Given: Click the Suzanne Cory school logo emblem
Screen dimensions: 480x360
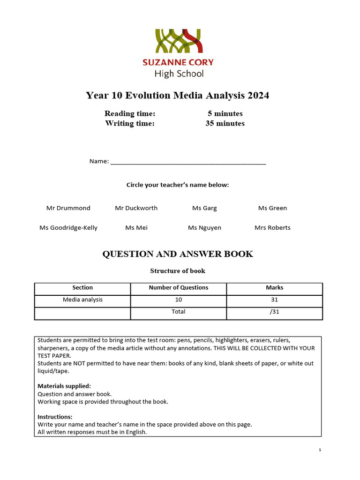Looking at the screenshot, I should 179,41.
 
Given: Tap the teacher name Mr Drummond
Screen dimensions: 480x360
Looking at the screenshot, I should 68,208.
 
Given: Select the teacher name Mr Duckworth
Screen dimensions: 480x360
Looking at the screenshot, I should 136,208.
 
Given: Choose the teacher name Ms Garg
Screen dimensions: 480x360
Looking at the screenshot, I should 204,208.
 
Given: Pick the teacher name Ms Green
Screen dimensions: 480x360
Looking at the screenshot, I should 272,208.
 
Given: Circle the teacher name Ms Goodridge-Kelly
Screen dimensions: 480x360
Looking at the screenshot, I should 68,228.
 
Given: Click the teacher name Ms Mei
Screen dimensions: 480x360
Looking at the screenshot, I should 136,228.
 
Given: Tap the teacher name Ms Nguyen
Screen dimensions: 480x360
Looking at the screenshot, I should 204,228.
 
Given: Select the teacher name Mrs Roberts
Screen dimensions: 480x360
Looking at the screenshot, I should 272,228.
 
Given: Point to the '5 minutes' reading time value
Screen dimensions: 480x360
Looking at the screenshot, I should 225,113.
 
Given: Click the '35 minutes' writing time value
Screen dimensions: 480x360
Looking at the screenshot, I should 225,124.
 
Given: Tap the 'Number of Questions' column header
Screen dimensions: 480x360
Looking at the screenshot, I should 179,288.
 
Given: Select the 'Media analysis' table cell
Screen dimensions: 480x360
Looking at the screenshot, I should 82,300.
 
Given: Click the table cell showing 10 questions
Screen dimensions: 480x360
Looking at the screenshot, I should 179,300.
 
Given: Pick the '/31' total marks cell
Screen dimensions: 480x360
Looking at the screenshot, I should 275,312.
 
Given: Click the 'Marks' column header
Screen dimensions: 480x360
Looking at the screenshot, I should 275,288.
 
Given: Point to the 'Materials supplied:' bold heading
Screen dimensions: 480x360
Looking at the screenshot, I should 64,386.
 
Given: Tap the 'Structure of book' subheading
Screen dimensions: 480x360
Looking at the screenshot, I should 178,271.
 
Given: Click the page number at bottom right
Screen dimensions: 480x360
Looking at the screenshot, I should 320,450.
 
